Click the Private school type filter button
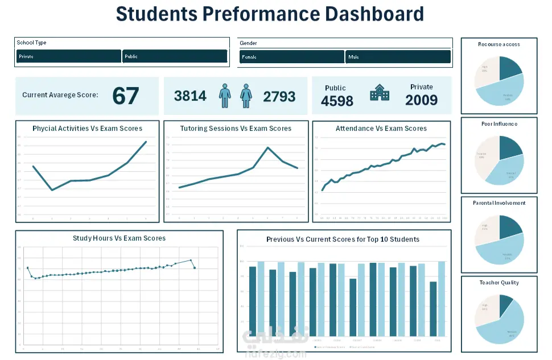68,56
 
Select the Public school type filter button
175,56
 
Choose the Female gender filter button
291,57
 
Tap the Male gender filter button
398,57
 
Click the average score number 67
126,96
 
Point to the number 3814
190,96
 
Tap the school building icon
380,93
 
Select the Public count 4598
337,101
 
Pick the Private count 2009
421,101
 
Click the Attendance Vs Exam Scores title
381,129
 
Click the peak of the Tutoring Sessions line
268,147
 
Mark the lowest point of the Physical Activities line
52,190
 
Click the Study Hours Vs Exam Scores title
119,238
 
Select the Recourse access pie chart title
499,44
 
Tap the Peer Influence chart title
499,123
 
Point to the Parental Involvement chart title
499,203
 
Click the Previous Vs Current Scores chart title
343,239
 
